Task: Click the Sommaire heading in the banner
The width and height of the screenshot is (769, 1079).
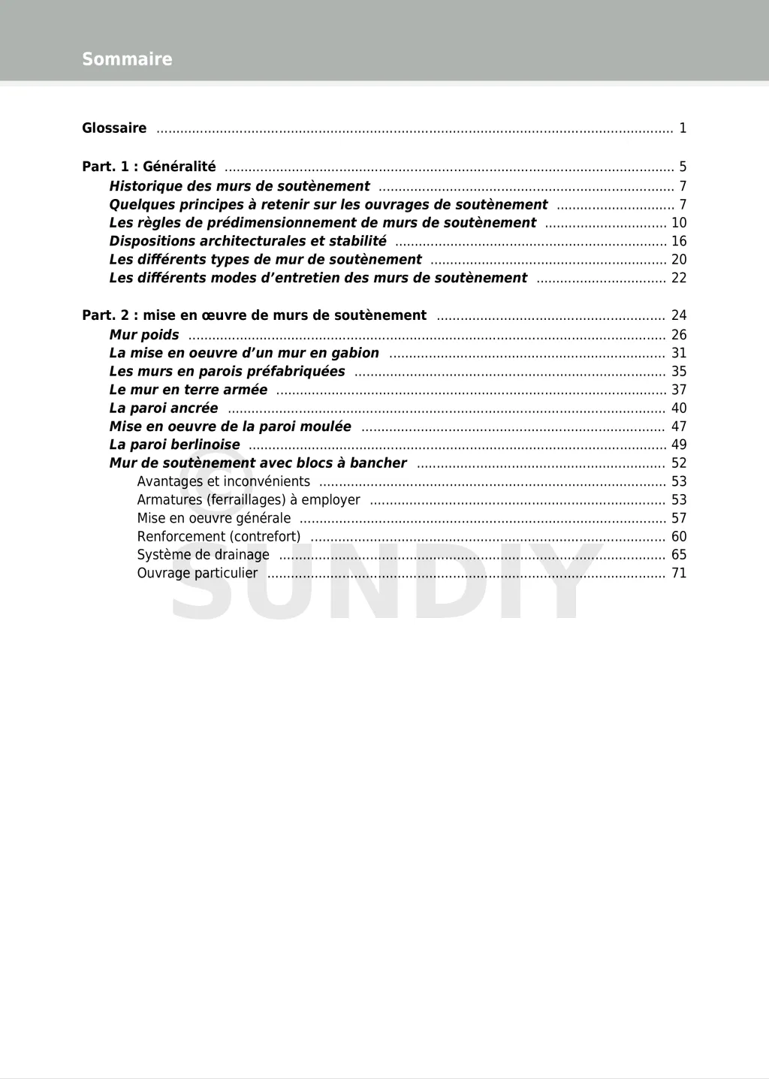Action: pyautogui.click(x=127, y=59)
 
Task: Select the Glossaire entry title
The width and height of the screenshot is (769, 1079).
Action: pyautogui.click(x=114, y=128)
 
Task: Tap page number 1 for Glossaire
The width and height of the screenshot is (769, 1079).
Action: pyautogui.click(x=683, y=128)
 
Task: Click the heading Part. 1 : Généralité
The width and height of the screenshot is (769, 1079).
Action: pyautogui.click(x=149, y=167)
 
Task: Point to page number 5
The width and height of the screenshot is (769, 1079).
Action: pyautogui.click(x=683, y=167)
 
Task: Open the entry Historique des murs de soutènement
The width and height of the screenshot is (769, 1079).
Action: pyautogui.click(x=240, y=186)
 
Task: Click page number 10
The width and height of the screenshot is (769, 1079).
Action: pyautogui.click(x=679, y=223)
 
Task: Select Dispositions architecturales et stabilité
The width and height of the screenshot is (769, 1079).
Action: pyautogui.click(x=248, y=241)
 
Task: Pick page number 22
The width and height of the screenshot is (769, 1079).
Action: pyautogui.click(x=679, y=278)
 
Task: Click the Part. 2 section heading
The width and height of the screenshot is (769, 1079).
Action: pyautogui.click(x=254, y=315)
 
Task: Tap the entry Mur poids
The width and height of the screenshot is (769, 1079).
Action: pyautogui.click(x=144, y=335)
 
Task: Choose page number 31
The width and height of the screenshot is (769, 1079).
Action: pyautogui.click(x=679, y=353)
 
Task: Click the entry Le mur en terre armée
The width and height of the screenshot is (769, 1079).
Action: pyautogui.click(x=188, y=390)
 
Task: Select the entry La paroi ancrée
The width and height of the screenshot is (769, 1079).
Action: pyautogui.click(x=164, y=408)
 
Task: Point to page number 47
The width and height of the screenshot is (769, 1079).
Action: pyautogui.click(x=679, y=426)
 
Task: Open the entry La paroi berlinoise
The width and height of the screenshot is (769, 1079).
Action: pyautogui.click(x=175, y=445)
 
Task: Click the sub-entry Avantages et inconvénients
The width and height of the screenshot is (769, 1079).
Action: pyautogui.click(x=223, y=481)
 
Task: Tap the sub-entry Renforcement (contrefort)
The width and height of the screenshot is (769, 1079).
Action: pyautogui.click(x=219, y=537)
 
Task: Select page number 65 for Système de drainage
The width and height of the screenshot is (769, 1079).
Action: pyautogui.click(x=679, y=555)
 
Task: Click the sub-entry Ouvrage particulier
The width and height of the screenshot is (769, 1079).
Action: pyautogui.click(x=198, y=574)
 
